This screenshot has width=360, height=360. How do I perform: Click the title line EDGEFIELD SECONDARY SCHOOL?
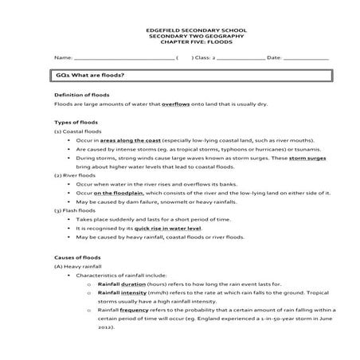click(x=181, y=30)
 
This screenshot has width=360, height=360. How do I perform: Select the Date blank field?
click(x=307, y=58)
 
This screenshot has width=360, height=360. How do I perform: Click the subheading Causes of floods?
click(x=74, y=256)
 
